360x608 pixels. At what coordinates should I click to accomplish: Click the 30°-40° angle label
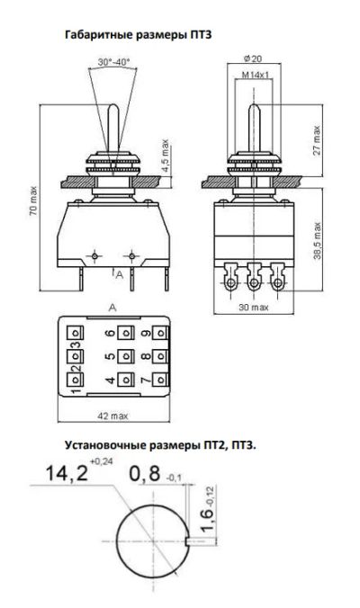[113, 62]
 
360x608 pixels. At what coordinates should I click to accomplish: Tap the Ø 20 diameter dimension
[253, 59]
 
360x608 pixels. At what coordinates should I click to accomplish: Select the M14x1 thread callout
[256, 75]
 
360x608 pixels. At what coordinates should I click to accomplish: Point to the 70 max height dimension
[34, 201]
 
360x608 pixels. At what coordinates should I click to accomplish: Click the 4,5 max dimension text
[166, 156]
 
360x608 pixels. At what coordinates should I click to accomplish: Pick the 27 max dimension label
[317, 140]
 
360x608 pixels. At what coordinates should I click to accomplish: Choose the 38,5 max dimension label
[318, 241]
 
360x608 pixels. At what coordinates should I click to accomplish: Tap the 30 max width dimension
[254, 307]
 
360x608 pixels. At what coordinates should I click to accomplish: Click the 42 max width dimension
[112, 416]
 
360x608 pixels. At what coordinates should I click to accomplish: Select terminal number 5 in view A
[112, 355]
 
